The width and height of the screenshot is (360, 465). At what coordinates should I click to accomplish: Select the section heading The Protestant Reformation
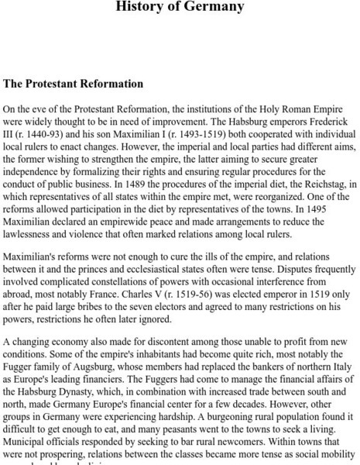[74, 84]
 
